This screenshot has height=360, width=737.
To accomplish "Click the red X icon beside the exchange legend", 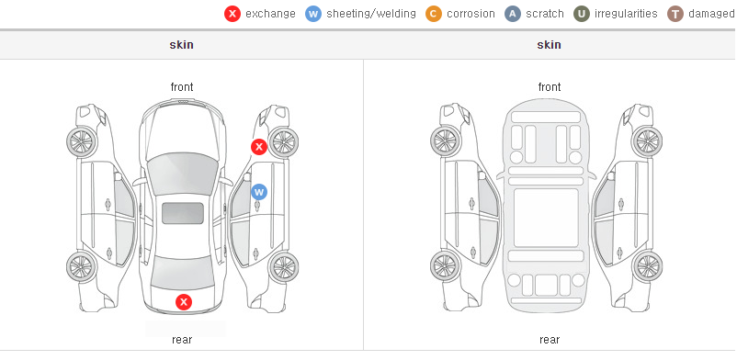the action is click(232, 14).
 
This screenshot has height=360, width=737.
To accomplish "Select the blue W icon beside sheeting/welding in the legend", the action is click(313, 14).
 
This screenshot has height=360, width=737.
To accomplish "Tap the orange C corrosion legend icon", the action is click(434, 14).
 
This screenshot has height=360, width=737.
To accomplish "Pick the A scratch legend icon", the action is click(513, 14).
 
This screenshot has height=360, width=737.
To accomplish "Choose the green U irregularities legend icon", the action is click(582, 14).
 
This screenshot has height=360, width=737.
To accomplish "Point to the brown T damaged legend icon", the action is click(675, 14).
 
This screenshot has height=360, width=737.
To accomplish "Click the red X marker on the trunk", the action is click(184, 302).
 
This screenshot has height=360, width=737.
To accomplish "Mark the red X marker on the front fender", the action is click(259, 147).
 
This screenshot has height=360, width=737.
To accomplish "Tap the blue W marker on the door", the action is click(259, 192).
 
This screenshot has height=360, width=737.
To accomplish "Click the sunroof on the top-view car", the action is click(183, 213).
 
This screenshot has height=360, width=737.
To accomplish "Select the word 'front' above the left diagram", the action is click(182, 87).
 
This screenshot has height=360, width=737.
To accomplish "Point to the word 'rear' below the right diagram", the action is click(550, 340).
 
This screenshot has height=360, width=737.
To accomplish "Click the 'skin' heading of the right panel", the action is click(549, 45).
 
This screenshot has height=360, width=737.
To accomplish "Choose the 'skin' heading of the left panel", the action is click(181, 45).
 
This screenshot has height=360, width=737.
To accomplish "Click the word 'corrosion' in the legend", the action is click(471, 14).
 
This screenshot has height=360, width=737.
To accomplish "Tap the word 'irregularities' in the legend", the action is click(626, 14).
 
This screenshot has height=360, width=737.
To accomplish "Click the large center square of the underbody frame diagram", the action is click(546, 218).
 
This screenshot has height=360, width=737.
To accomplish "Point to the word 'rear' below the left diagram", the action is click(182, 340).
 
